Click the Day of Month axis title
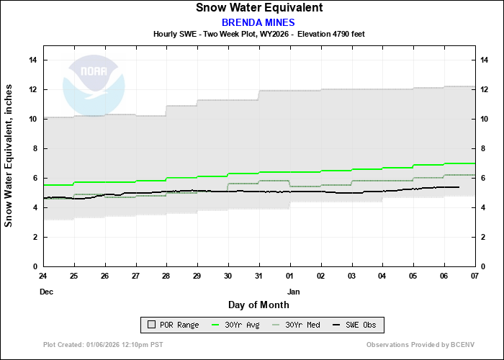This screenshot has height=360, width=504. pyautogui.click(x=258, y=305)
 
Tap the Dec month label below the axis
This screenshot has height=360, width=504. pyautogui.click(x=45, y=292)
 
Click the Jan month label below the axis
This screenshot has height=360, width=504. pyautogui.click(x=293, y=292)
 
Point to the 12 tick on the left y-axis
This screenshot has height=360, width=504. pyautogui.click(x=32, y=89)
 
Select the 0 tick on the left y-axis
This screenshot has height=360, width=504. pyautogui.click(x=35, y=266)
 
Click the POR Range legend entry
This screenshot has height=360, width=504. pyautogui.click(x=172, y=325)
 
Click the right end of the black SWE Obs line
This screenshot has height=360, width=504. pyautogui.click(x=459, y=187)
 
